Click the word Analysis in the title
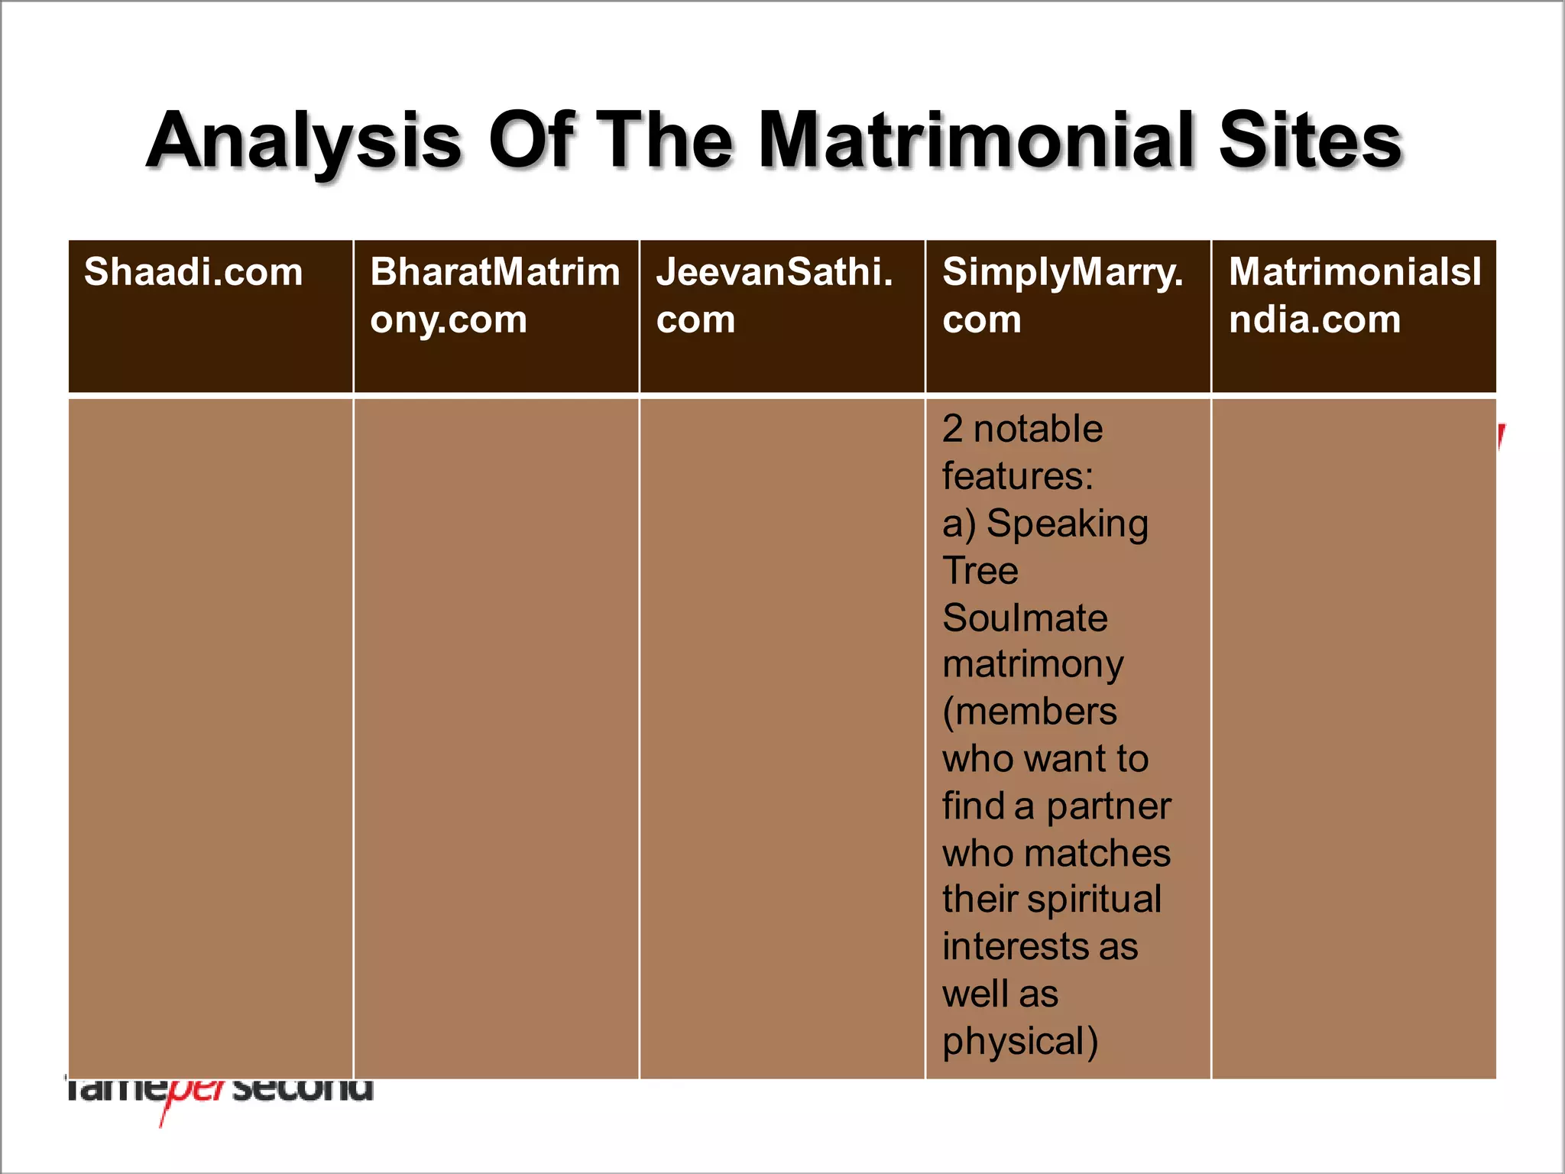304,141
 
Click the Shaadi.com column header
193,272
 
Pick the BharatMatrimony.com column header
494,295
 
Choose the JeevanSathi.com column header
774,295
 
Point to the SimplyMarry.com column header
1062,295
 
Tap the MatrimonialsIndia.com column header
1354,295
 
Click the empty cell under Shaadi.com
210,738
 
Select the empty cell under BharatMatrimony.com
496,738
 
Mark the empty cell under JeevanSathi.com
782,738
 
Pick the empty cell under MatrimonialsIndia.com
1353,738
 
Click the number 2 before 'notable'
952,429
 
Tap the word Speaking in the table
1067,524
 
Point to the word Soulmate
1025,618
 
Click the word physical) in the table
1020,1042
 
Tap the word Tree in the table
980,571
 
